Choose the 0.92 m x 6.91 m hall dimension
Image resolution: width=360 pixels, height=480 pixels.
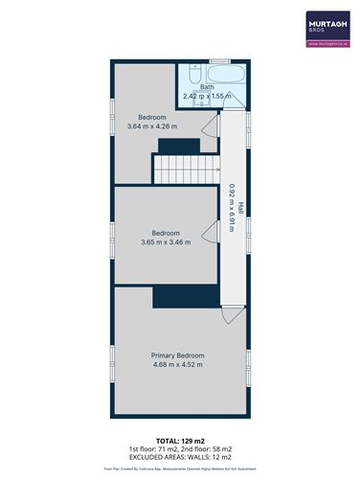[x=231, y=206]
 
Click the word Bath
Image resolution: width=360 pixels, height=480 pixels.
[x=207, y=87]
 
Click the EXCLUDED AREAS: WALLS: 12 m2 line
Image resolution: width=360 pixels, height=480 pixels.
[x=179, y=457]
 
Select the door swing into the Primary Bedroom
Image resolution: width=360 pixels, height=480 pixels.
[x=231, y=315]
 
